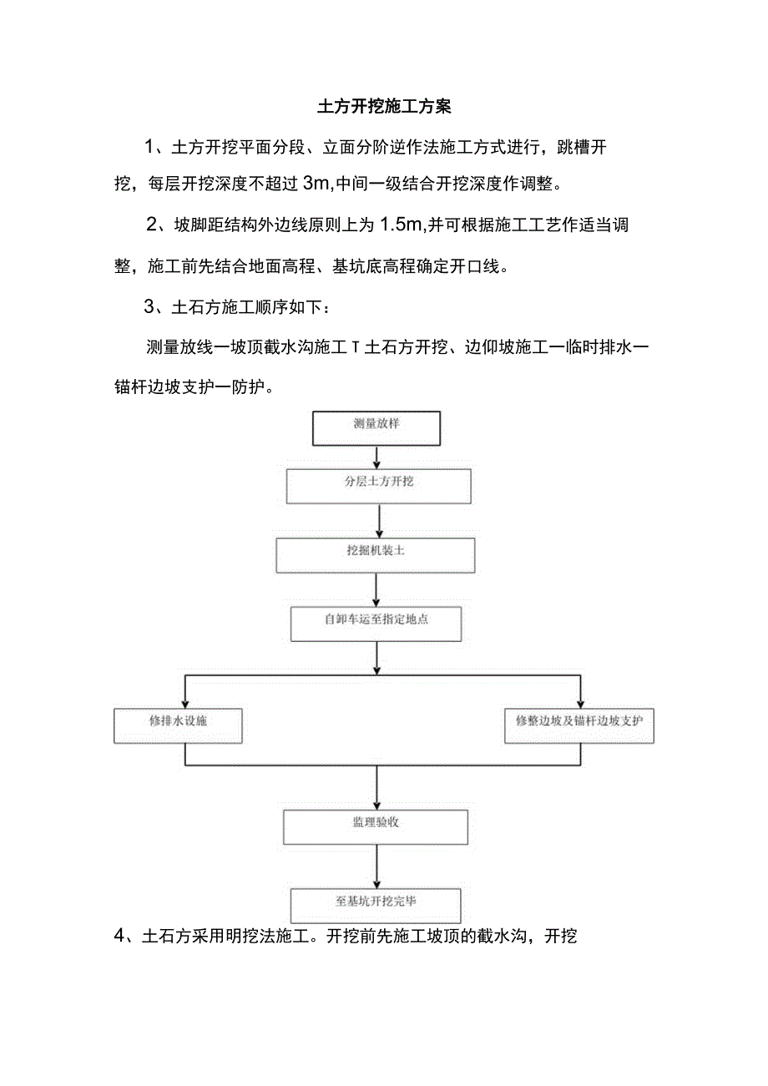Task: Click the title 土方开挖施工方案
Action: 384,107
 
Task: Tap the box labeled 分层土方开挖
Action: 379,485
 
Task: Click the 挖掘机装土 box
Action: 376,554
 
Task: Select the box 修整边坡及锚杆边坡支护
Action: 579,725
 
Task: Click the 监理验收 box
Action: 376,826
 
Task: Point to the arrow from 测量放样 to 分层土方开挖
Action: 377,457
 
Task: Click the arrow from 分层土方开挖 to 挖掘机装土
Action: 380,520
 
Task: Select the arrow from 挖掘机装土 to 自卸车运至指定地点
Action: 376,589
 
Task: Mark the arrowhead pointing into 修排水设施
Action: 184,702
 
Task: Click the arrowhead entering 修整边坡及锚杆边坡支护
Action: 580,702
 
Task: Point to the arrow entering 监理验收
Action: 376,793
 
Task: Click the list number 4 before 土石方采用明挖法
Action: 119,937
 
